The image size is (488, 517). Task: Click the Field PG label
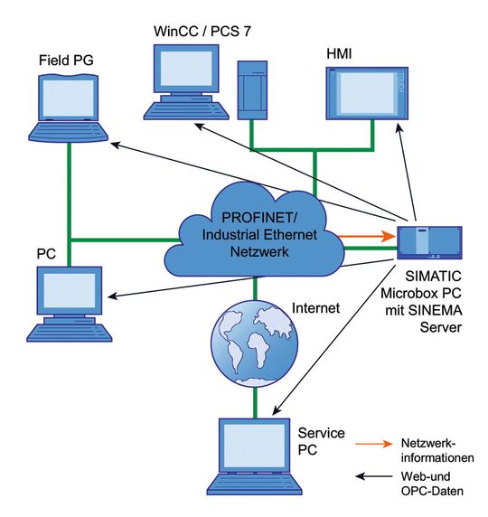pyautogui.click(x=66, y=61)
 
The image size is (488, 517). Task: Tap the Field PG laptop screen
pyautogui.click(x=69, y=98)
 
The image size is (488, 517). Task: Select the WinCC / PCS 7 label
pyautogui.click(x=202, y=32)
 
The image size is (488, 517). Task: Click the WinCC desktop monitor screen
pyautogui.click(x=186, y=69)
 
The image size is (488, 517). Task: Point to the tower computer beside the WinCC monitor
pyautogui.click(x=252, y=90)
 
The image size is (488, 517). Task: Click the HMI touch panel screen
pyautogui.click(x=367, y=93)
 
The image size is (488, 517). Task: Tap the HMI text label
pyautogui.click(x=339, y=53)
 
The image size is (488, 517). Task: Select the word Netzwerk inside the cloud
pyautogui.click(x=259, y=252)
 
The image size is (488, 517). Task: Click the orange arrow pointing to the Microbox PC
pyautogui.click(x=367, y=236)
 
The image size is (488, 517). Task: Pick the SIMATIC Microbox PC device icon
pyautogui.click(x=429, y=242)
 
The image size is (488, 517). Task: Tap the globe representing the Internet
pyautogui.click(x=254, y=343)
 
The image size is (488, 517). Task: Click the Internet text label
pyautogui.click(x=315, y=308)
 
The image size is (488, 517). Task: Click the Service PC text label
pyautogui.click(x=321, y=441)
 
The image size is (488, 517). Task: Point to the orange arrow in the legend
pyautogui.click(x=374, y=444)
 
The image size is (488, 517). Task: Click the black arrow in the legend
pyautogui.click(x=374, y=476)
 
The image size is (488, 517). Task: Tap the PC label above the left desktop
pyautogui.click(x=46, y=254)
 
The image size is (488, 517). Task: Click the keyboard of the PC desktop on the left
pyautogui.click(x=70, y=333)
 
